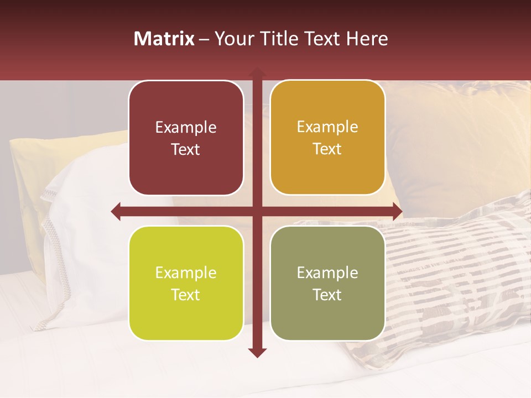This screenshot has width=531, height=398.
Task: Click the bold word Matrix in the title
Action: coord(164,39)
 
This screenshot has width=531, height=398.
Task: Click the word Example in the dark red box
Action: coord(186,128)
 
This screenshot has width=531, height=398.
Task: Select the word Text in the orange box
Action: coord(327,149)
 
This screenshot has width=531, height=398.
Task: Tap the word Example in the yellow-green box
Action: coord(186,273)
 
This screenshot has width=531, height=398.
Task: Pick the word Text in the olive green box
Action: coord(327,295)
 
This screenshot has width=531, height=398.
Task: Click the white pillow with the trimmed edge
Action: coord(83,221)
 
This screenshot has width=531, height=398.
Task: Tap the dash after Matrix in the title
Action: coord(204,39)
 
